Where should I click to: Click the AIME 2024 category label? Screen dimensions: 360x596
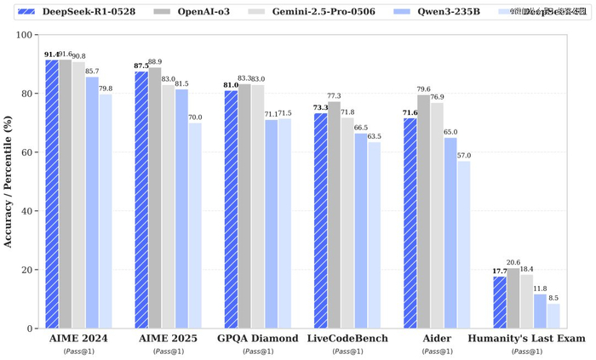(x=78, y=339)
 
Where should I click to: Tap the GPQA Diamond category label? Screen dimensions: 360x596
(x=257, y=339)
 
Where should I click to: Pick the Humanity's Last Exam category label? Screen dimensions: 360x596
(x=526, y=339)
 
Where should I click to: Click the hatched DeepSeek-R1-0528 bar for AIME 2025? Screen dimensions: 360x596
(x=141, y=200)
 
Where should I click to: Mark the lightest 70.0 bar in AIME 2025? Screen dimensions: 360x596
(x=196, y=226)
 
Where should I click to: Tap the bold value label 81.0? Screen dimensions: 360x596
(x=231, y=85)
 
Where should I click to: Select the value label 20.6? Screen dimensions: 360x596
(x=513, y=262)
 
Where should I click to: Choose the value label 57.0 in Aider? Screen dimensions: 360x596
(x=464, y=155)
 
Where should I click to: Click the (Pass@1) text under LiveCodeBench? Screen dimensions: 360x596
(x=347, y=351)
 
